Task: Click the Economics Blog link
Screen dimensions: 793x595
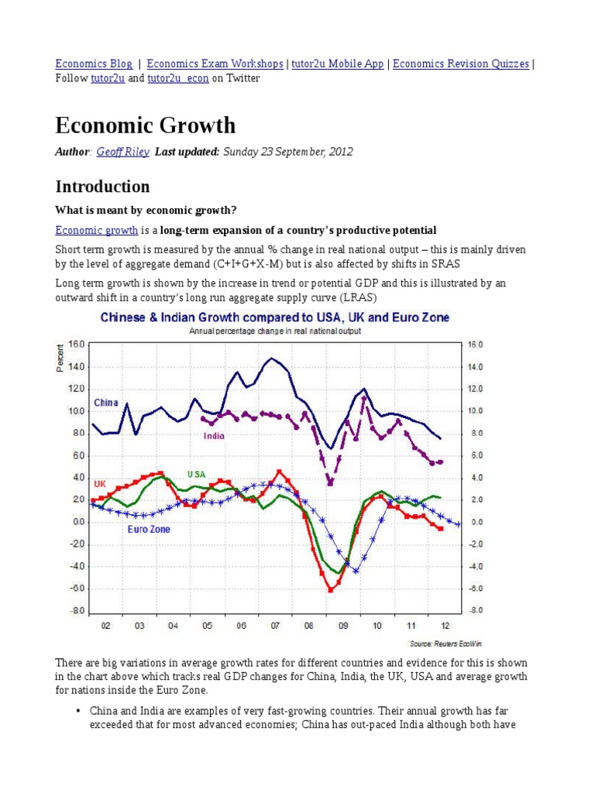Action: [92, 64]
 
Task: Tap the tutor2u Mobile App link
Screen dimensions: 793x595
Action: [338, 64]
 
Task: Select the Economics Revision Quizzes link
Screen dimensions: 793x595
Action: [461, 64]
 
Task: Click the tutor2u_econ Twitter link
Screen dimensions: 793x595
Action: [177, 78]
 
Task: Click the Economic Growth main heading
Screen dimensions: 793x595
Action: [146, 125]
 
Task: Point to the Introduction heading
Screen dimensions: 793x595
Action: [102, 187]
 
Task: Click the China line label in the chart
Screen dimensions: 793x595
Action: [106, 403]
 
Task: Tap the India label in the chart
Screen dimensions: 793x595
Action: [214, 436]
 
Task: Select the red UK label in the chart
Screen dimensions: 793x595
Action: [99, 483]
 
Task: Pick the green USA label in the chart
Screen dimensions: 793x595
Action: [196, 474]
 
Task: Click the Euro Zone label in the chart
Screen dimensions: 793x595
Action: [148, 530]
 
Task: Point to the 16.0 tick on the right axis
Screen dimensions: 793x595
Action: [475, 345]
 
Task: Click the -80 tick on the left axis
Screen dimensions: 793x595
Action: [76, 611]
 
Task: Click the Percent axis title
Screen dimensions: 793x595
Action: [59, 357]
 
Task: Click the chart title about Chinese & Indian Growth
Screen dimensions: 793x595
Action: [274, 318]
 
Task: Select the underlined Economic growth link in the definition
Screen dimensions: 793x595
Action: [97, 230]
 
